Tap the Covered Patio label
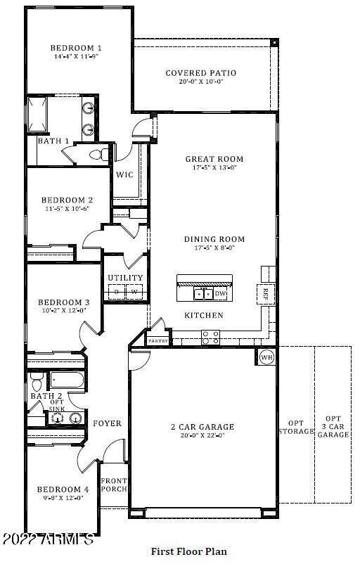tap(200, 72)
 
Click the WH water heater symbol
tap(266, 357)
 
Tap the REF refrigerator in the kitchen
tap(266, 293)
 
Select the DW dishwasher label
tap(220, 293)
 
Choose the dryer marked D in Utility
tap(117, 291)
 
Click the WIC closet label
tap(124, 174)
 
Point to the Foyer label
tap(107, 423)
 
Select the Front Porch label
tap(113, 486)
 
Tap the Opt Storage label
tap(295, 427)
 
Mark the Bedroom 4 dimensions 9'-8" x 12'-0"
tap(63, 498)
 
